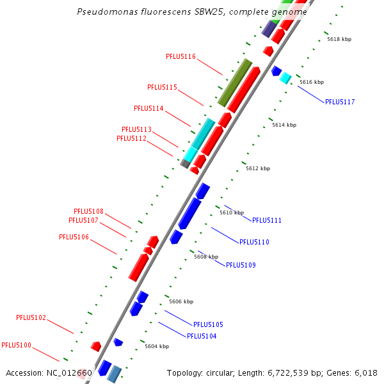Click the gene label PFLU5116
[180, 56]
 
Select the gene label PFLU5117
[339, 102]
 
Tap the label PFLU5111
[266, 220]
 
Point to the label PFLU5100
[16, 345]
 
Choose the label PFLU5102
[31, 317]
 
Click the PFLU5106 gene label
[74, 237]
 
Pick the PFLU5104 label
[201, 336]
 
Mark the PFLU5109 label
[241, 265]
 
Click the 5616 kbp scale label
[312, 82]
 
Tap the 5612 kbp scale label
[258, 168]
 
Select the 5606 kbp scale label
[181, 301]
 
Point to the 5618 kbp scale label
[339, 39]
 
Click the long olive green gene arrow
[235, 83]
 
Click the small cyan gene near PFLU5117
[285, 78]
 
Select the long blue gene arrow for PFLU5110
[189, 214]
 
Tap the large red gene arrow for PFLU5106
[138, 267]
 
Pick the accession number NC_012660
[70, 372]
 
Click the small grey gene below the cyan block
[185, 164]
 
